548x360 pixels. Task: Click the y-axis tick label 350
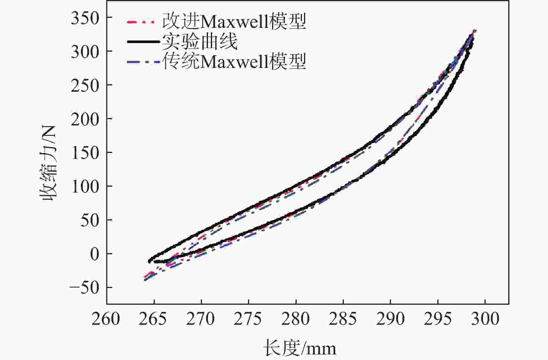pyautogui.click(x=85, y=18)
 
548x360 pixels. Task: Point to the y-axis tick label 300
pyautogui.click(x=85, y=52)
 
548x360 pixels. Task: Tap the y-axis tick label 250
pyautogui.click(x=85, y=85)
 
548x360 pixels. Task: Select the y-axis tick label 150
pyautogui.click(x=85, y=153)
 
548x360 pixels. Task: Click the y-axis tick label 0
pyautogui.click(x=94, y=254)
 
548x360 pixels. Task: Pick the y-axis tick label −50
pyautogui.click(x=85, y=288)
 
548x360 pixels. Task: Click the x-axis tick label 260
pyautogui.click(x=106, y=319)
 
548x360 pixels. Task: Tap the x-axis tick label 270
pyautogui.click(x=201, y=319)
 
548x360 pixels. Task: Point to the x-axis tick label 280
pyautogui.click(x=296, y=319)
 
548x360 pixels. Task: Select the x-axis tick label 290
pyautogui.click(x=390, y=319)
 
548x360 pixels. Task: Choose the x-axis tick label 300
pyautogui.click(x=485, y=319)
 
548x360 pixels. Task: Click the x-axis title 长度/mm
pyautogui.click(x=299, y=348)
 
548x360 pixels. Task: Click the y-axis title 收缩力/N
pyautogui.click(x=49, y=163)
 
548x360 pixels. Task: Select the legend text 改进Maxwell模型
pyautogui.click(x=234, y=22)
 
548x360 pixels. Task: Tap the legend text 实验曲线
pyautogui.click(x=199, y=41)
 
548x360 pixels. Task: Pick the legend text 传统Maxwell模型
pyautogui.click(x=234, y=61)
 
